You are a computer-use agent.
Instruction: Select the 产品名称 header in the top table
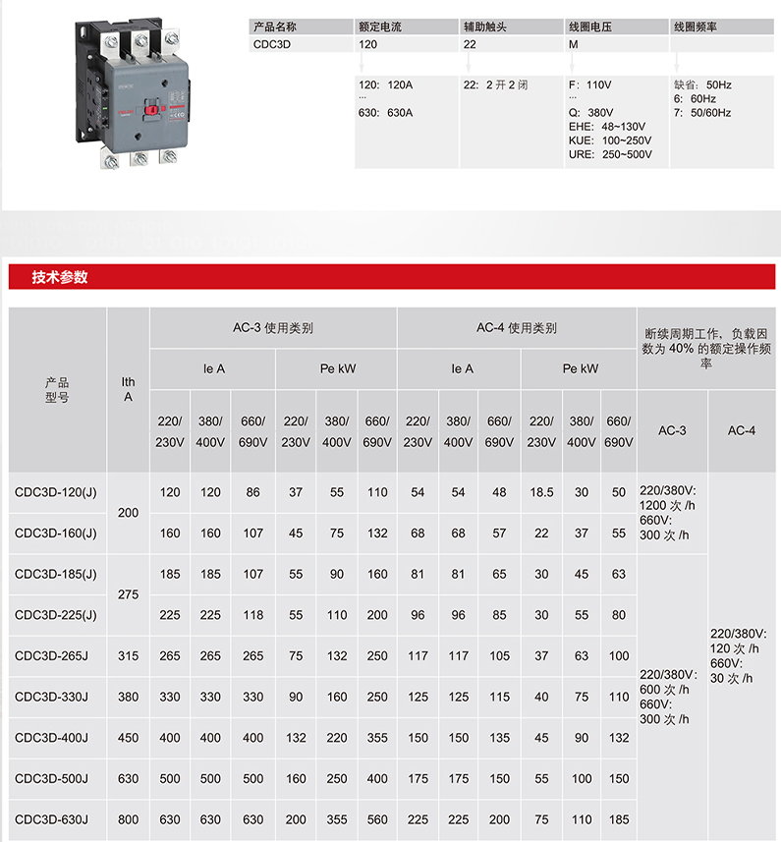(x=275, y=27)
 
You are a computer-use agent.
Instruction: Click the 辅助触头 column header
(x=485, y=27)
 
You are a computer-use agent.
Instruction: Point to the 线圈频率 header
(x=696, y=27)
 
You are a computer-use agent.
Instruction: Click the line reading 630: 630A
(x=386, y=113)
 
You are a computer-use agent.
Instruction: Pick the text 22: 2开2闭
(x=496, y=85)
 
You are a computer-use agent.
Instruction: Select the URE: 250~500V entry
(x=610, y=154)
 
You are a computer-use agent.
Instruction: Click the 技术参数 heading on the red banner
(x=60, y=277)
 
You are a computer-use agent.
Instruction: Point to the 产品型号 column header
(x=57, y=389)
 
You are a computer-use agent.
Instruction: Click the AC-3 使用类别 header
(x=273, y=328)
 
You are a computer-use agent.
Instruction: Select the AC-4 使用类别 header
(x=517, y=328)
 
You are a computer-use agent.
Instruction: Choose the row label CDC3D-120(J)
(x=56, y=492)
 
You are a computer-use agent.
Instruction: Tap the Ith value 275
(x=129, y=594)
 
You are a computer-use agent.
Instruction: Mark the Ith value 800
(x=129, y=819)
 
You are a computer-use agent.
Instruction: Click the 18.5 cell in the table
(x=541, y=492)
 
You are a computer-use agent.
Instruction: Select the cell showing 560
(x=377, y=819)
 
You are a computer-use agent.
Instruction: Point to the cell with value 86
(x=252, y=492)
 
